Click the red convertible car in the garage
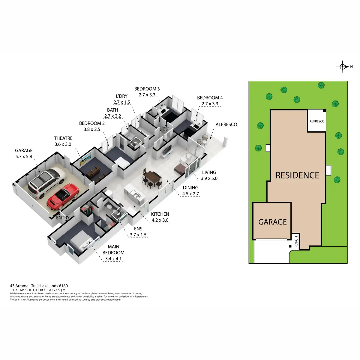[x=63, y=196]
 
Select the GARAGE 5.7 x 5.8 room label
[x=24, y=153]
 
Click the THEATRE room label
[x=63, y=138]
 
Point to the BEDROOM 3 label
[x=147, y=89]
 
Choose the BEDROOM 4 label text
[x=210, y=98]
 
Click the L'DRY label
[x=122, y=96]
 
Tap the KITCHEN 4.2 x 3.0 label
[x=160, y=217]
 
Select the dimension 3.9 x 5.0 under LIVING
[x=209, y=178]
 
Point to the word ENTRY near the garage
[x=63, y=218]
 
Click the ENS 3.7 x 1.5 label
[x=138, y=232]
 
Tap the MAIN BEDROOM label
[x=113, y=250]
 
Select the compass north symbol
[x=343, y=67]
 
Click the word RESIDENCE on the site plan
[x=297, y=175]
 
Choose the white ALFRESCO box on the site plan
[x=317, y=121]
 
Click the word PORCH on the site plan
[x=296, y=242]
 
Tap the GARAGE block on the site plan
[x=272, y=222]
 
